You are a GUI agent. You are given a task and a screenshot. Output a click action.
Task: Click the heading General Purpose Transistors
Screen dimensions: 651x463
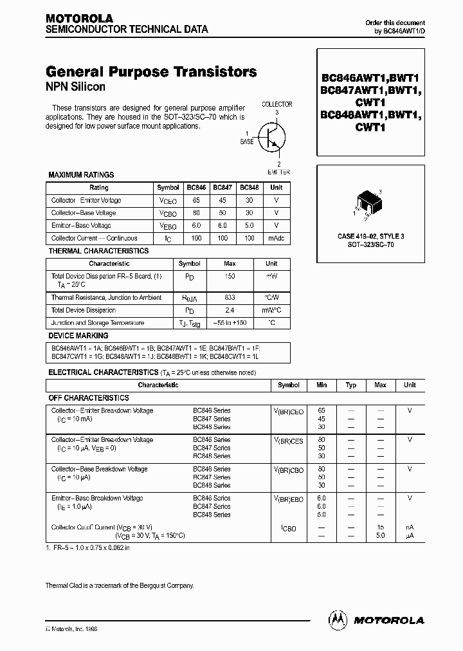tap(151, 72)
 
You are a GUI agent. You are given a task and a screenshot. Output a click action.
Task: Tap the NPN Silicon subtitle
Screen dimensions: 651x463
tap(75, 87)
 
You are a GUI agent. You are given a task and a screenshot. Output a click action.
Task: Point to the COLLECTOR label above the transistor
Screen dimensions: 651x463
tap(277, 104)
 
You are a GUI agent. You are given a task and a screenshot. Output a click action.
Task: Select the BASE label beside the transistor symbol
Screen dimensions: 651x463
tap(246, 142)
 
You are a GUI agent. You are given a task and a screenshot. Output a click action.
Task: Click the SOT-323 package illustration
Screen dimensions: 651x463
tap(367, 202)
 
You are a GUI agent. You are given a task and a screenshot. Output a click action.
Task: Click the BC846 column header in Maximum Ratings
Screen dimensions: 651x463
tap(196, 187)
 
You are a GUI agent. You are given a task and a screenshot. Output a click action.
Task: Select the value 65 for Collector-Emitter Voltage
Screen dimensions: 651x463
tap(196, 200)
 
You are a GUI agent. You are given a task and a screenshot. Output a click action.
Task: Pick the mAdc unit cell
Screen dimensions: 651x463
tap(275, 238)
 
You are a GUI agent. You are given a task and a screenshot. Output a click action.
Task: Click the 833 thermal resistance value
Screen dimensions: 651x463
tap(230, 298)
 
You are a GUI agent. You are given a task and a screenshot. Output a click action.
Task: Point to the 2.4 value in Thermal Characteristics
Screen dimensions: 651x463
tap(230, 310)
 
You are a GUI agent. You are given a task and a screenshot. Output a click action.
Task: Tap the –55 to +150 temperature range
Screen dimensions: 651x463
tap(230, 323)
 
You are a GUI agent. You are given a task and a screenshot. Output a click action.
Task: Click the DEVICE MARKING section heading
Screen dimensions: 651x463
tap(78, 336)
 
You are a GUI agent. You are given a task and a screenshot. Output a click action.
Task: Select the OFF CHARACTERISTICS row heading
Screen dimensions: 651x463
tap(89, 398)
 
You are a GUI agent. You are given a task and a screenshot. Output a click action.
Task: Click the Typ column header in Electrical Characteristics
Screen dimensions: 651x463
tap(351, 385)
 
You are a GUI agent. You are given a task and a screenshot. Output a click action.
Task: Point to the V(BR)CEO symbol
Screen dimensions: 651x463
tap(288, 411)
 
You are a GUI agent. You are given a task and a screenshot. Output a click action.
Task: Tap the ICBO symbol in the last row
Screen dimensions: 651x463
tap(288, 528)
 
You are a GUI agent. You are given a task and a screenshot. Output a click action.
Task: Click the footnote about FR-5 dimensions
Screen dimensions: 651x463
tap(88, 548)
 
